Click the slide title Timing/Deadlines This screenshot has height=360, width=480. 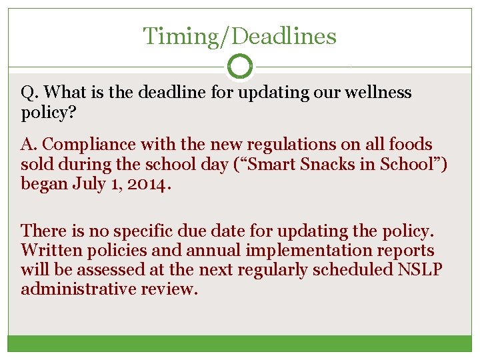pyautogui.click(x=240, y=36)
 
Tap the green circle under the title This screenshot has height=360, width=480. pyautogui.click(x=240, y=67)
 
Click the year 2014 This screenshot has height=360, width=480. pyautogui.click(x=145, y=184)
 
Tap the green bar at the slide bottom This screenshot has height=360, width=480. pyautogui.click(x=240, y=343)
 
